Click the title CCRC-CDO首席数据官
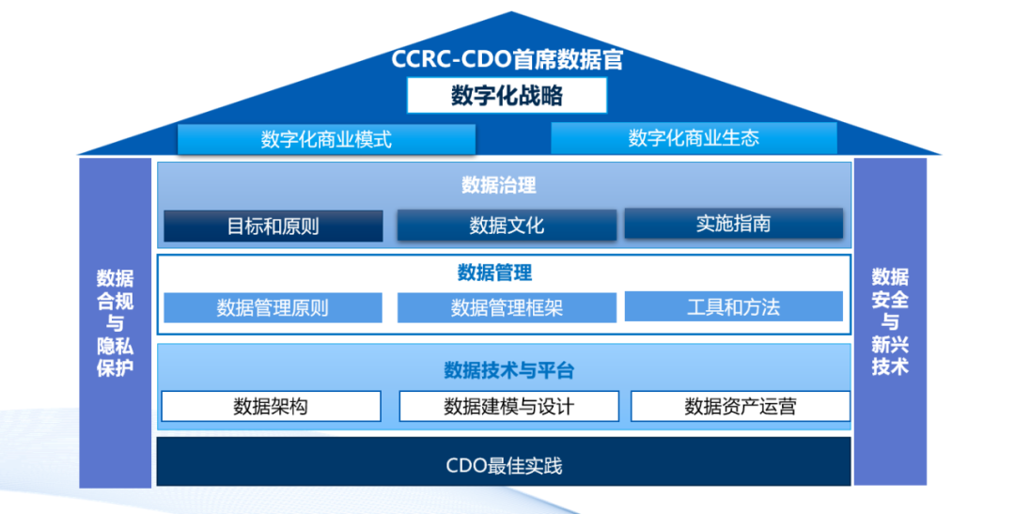click(507, 60)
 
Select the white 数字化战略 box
click(507, 96)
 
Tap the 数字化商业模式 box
click(326, 140)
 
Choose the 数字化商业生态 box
click(694, 139)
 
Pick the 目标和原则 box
click(273, 226)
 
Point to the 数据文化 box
click(507, 226)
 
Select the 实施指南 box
click(733, 224)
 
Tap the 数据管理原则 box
click(273, 307)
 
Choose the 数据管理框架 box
click(507, 307)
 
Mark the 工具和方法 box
click(733, 306)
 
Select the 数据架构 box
click(271, 407)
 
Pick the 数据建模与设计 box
click(508, 407)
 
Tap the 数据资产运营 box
click(740, 407)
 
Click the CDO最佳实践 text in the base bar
click(504, 465)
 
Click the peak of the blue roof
click(510, 14)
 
